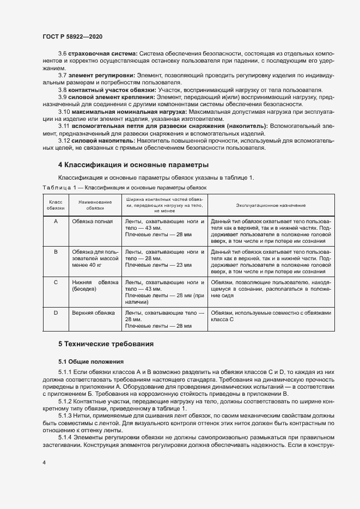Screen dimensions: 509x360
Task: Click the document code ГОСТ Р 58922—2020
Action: (71, 36)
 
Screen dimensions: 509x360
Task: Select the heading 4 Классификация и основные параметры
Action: (133, 164)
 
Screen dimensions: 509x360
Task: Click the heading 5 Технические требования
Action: (106, 344)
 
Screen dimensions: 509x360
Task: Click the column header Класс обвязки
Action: (56, 205)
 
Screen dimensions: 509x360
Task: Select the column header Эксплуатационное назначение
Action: (270, 205)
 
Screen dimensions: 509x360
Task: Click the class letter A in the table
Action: (56, 222)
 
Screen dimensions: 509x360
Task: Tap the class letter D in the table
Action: (56, 313)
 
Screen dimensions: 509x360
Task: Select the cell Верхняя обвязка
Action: (93, 313)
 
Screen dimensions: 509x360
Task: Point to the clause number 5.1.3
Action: (66, 414)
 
